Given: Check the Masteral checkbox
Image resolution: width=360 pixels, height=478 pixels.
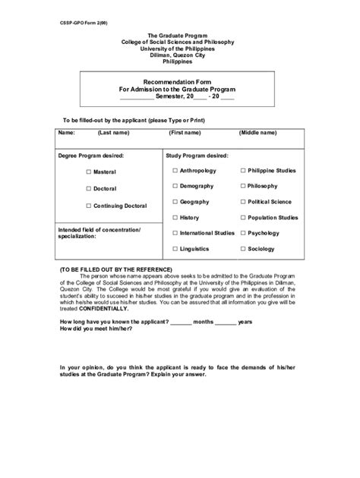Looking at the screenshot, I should [x=88, y=172].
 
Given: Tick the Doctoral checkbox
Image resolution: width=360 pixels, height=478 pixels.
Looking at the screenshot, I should [x=88, y=188].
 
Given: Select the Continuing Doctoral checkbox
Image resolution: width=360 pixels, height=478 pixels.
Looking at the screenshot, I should [x=88, y=206].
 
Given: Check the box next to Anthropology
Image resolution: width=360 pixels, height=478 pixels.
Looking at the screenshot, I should [x=175, y=171].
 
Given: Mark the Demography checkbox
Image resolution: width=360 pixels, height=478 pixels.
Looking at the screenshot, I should [x=175, y=186].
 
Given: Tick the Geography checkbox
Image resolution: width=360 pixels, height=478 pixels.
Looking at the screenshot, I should [x=175, y=202].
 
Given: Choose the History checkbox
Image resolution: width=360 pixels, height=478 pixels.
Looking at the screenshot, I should [x=175, y=218].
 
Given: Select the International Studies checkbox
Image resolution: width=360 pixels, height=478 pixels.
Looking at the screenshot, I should [x=175, y=233].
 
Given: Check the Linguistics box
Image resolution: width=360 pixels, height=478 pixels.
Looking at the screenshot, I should [x=175, y=249].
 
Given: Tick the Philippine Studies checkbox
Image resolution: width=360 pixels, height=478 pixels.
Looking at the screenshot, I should [x=243, y=171].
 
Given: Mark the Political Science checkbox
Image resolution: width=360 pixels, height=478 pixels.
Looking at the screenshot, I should [x=243, y=202].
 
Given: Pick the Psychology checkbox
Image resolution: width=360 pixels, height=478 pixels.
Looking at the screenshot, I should [x=243, y=233].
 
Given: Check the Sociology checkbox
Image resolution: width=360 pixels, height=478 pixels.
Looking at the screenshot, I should [x=243, y=249].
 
